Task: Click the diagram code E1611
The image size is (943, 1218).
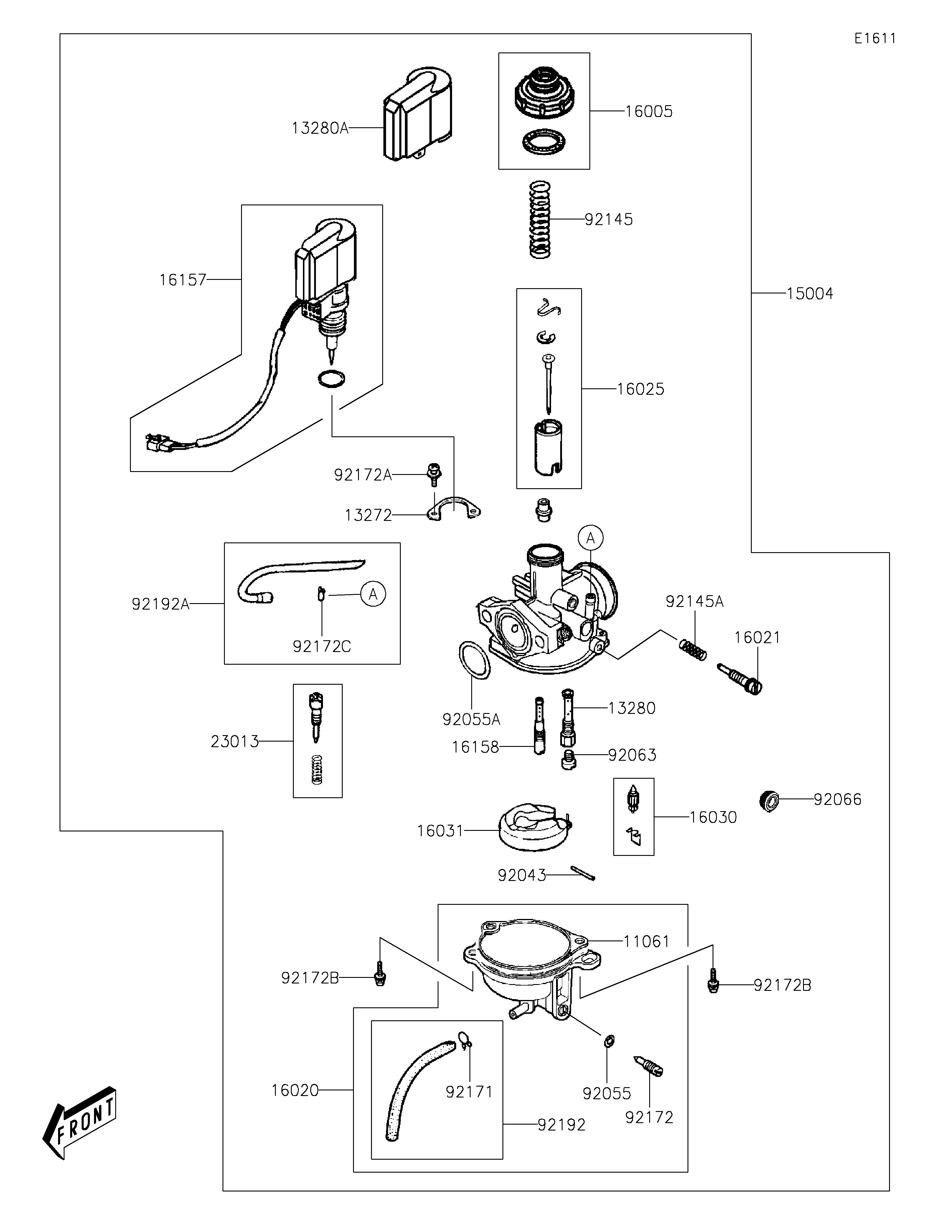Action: click(875, 39)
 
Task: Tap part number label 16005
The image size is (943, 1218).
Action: click(649, 112)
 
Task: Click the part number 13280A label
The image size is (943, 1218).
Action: click(319, 129)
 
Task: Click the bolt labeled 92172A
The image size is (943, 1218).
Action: click(433, 474)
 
